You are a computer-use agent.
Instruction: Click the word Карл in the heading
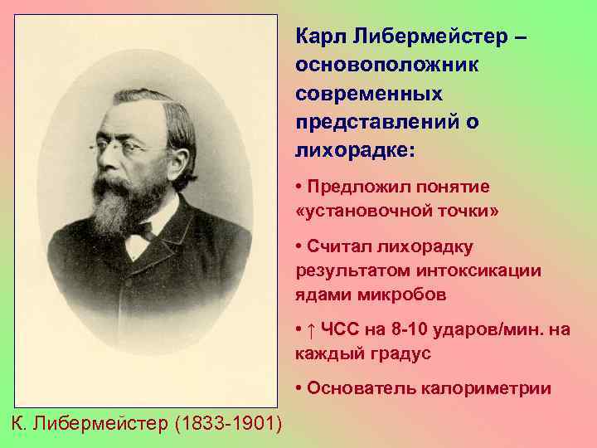[x=320, y=37]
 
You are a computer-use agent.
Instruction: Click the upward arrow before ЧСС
[x=310, y=330]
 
